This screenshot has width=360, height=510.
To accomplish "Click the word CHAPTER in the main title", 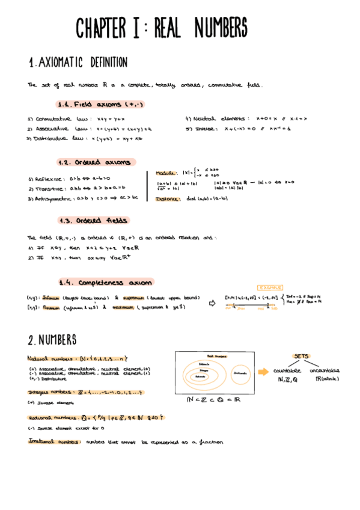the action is (x=100, y=28).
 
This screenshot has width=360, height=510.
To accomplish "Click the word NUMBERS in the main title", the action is (x=213, y=28).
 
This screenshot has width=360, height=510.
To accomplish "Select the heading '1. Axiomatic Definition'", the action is (x=78, y=63).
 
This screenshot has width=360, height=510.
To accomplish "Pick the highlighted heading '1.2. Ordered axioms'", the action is (x=97, y=162).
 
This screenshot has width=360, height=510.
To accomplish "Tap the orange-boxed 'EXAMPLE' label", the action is (x=269, y=288).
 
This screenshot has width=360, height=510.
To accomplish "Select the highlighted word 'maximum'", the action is (x=124, y=307).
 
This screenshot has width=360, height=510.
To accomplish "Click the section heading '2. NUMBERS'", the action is (x=52, y=340).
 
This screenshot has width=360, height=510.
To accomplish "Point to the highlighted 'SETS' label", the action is (x=301, y=356).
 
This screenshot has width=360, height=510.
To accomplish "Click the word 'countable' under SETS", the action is (x=287, y=370).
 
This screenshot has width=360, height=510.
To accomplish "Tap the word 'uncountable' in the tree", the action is (x=325, y=370).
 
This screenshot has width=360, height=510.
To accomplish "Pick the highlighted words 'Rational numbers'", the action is (x=51, y=417).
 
